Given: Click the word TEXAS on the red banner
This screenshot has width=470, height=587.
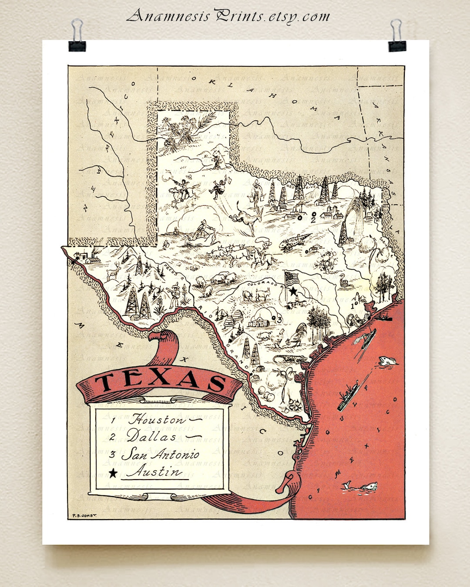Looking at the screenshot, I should pyautogui.click(x=160, y=379).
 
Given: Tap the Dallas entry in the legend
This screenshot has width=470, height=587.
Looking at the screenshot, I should pyautogui.click(x=152, y=436).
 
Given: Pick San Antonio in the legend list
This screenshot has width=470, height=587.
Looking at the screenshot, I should pyautogui.click(x=161, y=454).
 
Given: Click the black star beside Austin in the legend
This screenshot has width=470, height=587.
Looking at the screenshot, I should pyautogui.click(x=113, y=473).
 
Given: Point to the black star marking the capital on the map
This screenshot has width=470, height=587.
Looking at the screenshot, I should pyautogui.click(x=293, y=290).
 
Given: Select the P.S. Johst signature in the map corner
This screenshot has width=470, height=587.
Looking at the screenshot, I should pyautogui.click(x=82, y=515).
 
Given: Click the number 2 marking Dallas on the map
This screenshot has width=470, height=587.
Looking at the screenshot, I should pyautogui.click(x=313, y=220).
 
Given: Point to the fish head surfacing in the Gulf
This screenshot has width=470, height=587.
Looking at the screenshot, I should pyautogui.click(x=388, y=361).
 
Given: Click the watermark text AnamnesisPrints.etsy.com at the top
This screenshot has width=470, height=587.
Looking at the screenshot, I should pyautogui.click(x=228, y=16).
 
